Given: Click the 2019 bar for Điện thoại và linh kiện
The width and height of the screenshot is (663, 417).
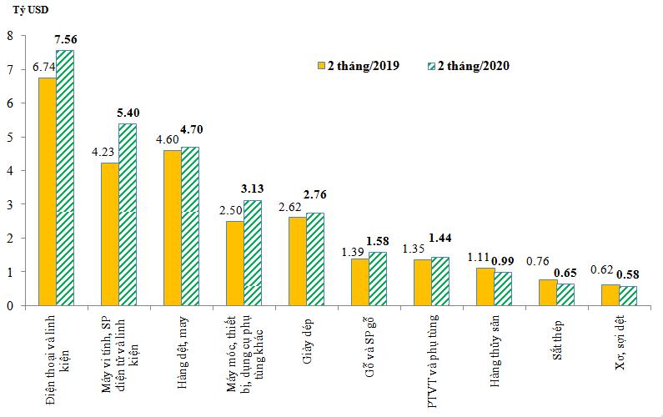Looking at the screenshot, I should pos(48,192).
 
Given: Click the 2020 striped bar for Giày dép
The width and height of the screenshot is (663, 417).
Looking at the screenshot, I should pos(315,259).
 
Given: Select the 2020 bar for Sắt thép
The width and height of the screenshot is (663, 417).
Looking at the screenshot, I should pos(565,294).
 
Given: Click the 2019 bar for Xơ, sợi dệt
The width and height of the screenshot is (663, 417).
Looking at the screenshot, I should pos(610,295).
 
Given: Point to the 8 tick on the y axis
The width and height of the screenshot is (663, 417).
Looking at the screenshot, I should pos(9,36).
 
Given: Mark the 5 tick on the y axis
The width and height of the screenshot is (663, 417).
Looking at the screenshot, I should pos(9,137).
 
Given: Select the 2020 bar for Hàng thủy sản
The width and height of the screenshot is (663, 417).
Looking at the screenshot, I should pos(502,289).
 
